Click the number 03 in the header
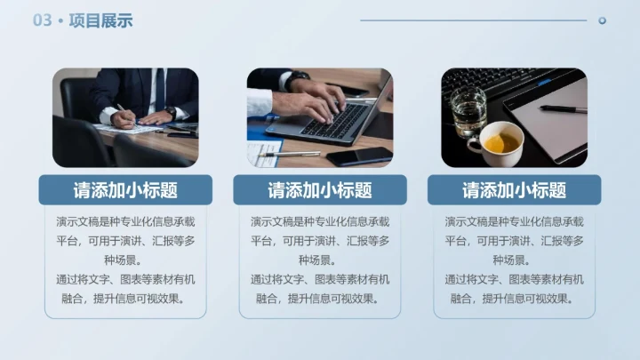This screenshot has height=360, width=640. point(43,20)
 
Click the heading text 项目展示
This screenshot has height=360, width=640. point(100,20)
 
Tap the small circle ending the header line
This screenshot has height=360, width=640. point(602,20)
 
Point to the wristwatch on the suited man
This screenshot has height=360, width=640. point(170,110)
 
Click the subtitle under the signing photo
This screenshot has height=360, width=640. point(125,190)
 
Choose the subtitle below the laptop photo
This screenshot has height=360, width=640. point(319,190)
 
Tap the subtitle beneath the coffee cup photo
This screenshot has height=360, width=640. point(514,190)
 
